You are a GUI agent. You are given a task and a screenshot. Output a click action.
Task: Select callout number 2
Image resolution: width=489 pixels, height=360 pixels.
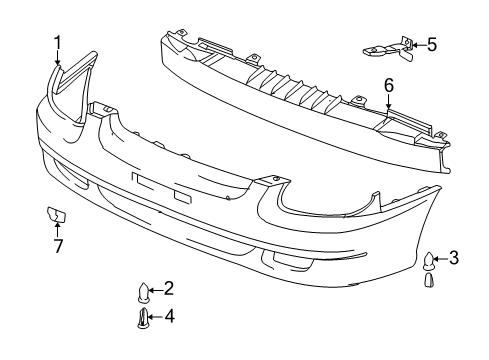click(x=168, y=289)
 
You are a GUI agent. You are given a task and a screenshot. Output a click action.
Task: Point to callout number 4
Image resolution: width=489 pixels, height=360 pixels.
click(x=168, y=318)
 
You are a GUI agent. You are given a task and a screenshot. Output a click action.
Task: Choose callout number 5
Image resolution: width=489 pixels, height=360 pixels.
click(x=431, y=44)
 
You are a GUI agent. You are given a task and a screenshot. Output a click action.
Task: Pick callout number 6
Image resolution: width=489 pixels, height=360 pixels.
click(x=388, y=86)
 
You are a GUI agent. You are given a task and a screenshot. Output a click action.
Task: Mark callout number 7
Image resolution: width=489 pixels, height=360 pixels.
click(x=57, y=245)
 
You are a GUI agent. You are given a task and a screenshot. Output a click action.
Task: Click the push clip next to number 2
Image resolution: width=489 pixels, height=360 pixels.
click(x=144, y=292)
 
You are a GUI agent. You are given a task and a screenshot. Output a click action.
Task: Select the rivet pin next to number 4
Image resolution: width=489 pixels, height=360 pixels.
click(x=143, y=320)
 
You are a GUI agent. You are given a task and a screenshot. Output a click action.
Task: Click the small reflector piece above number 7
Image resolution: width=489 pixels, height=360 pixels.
click(x=56, y=213)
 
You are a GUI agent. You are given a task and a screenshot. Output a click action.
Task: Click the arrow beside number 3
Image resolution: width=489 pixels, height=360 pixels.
click(x=440, y=259)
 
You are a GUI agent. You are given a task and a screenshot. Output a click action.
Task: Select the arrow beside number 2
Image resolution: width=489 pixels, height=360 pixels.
click(x=156, y=290)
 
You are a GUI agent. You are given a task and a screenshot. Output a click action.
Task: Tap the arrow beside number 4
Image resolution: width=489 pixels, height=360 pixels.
click(x=155, y=319)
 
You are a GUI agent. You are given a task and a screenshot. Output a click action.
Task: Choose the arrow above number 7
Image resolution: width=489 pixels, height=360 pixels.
click(x=57, y=230)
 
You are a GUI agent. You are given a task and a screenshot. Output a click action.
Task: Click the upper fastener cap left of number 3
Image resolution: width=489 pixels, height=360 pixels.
click(x=428, y=261)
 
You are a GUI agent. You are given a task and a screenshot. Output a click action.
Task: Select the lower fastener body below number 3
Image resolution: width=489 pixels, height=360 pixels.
click(x=428, y=279)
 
